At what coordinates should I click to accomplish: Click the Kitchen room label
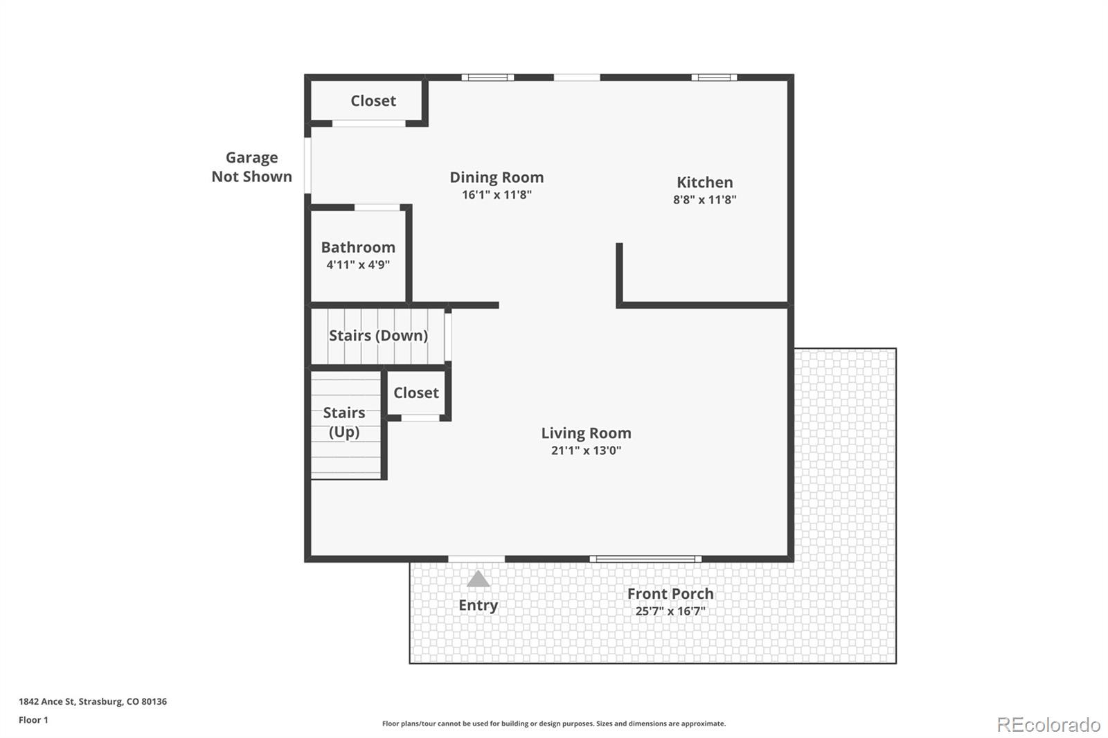click(x=704, y=183)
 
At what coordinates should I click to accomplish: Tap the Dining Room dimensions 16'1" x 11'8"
click(x=497, y=195)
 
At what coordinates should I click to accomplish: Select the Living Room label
click(x=586, y=433)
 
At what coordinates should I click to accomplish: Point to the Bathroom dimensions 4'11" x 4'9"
click(x=358, y=264)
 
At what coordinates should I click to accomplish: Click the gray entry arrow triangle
click(x=478, y=579)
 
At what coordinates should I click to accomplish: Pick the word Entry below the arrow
click(x=478, y=606)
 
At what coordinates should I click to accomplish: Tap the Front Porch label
click(x=670, y=593)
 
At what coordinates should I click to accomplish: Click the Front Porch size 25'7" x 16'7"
click(x=670, y=611)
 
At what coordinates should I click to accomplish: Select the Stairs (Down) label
click(x=378, y=336)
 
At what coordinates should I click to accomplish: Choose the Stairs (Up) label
click(x=344, y=422)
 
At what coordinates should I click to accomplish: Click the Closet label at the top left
click(x=373, y=101)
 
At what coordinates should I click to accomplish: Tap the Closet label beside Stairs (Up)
click(x=416, y=393)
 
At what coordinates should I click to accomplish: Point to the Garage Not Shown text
click(x=252, y=167)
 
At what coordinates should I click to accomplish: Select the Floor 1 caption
click(x=33, y=720)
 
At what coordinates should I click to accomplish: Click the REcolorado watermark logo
click(x=1048, y=725)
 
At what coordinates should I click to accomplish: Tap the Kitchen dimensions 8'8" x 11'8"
click(x=704, y=200)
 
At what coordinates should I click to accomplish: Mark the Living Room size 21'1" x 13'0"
click(x=586, y=451)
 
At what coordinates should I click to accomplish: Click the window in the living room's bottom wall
click(x=645, y=559)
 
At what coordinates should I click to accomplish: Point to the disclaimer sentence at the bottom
click(x=554, y=723)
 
